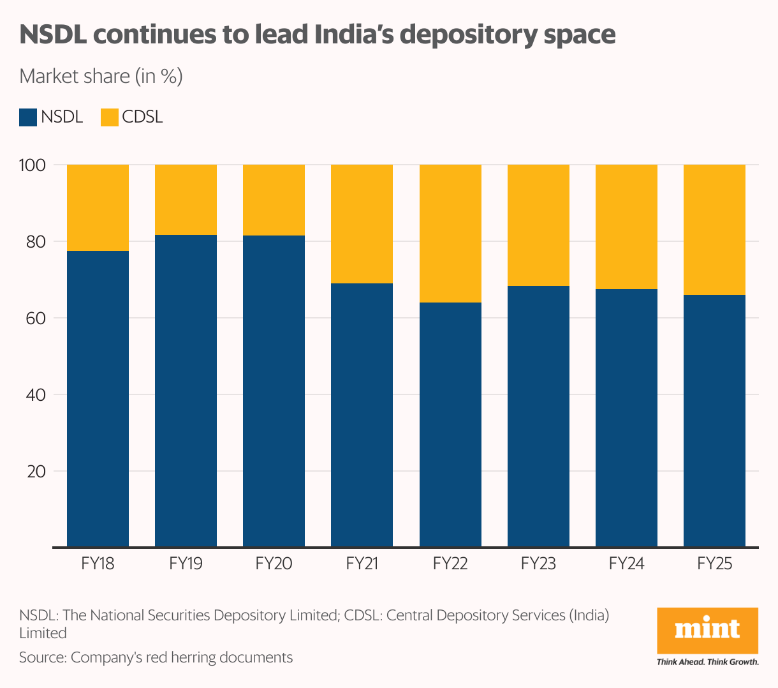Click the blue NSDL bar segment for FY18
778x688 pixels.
(x=98, y=398)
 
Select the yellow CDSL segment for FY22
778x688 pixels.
(x=450, y=233)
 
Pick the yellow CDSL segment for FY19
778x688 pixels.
(x=186, y=199)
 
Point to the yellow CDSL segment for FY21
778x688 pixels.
(x=362, y=223)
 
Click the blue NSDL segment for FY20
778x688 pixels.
(x=274, y=391)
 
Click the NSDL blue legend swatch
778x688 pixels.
(x=28, y=117)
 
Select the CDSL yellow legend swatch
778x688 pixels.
(x=110, y=117)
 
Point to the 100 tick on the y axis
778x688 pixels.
(x=33, y=165)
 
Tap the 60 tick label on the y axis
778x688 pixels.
(x=33, y=318)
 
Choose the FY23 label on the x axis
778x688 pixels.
(x=538, y=564)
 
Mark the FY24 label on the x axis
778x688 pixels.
(x=626, y=564)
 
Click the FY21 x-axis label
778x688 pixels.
(x=362, y=564)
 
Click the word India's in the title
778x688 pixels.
(x=355, y=34)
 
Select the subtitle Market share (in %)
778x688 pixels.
(x=101, y=77)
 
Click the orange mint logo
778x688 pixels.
(x=707, y=630)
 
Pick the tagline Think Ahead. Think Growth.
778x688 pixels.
(x=707, y=662)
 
